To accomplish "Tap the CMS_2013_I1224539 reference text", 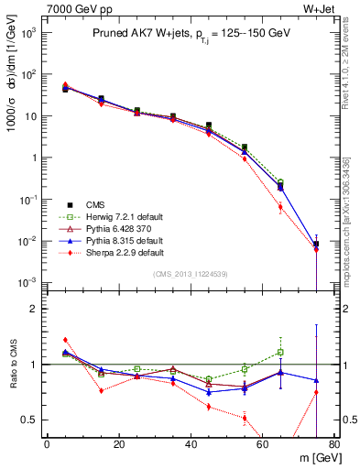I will [x=191, y=274].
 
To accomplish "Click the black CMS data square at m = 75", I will [x=316, y=244].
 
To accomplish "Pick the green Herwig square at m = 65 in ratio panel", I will [x=280, y=352].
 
